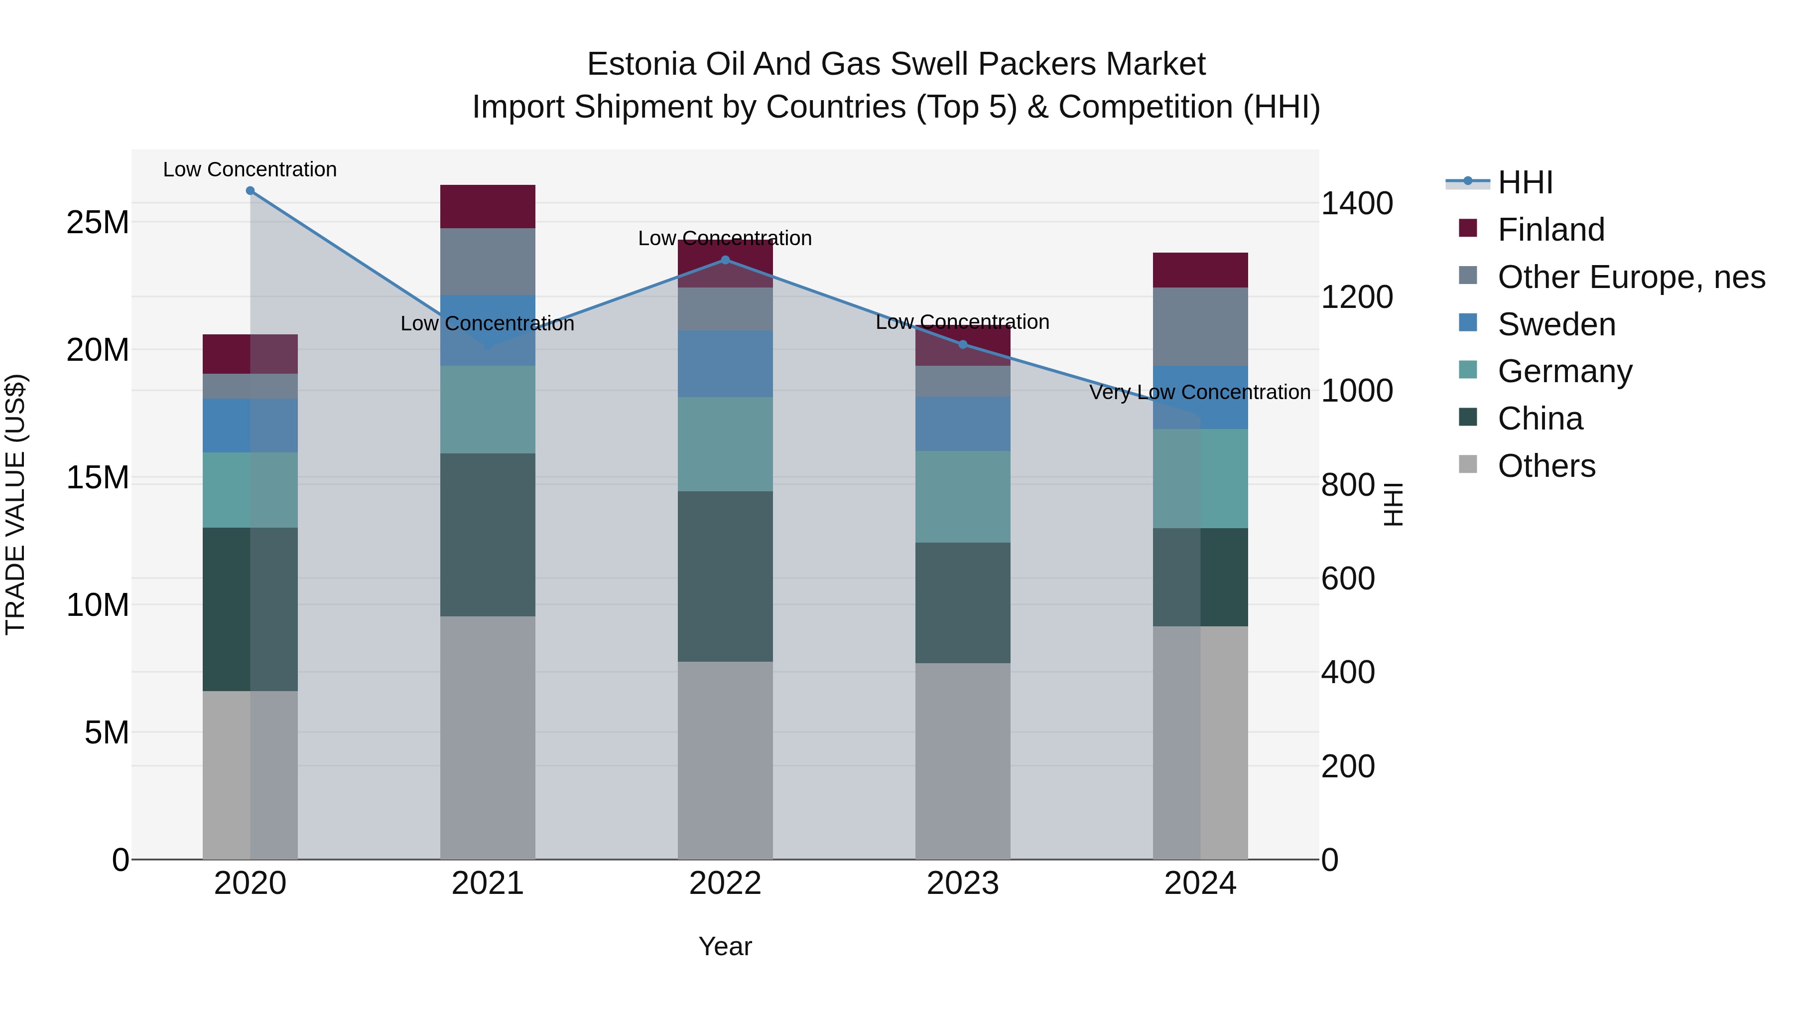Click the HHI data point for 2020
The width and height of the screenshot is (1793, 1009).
click(250, 191)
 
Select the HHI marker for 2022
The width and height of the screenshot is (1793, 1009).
click(725, 260)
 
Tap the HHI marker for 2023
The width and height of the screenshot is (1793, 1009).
click(963, 344)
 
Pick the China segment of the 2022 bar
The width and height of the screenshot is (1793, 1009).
click(725, 576)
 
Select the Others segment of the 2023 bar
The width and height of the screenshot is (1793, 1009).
click(963, 760)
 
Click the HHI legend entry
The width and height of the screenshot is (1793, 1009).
click(1525, 182)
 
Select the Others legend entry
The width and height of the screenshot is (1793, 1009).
click(1546, 466)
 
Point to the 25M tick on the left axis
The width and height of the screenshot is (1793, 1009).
click(98, 223)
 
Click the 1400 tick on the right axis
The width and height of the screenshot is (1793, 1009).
click(1357, 204)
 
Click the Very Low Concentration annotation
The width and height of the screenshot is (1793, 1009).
click(1199, 393)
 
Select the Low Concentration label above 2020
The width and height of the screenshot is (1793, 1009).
click(250, 169)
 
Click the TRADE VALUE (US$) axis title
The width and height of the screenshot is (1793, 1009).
click(16, 504)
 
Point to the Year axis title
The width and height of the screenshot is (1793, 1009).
click(725, 946)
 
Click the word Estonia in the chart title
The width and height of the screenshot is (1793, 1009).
click(641, 64)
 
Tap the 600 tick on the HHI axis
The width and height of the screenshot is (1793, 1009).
click(1348, 578)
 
